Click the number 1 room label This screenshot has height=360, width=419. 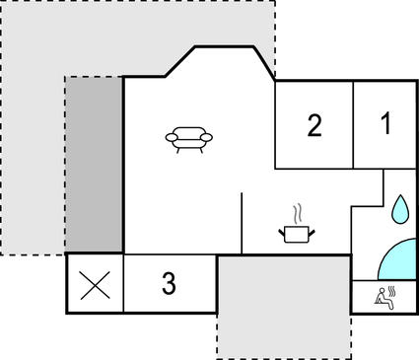pyautogui.click(x=385, y=124)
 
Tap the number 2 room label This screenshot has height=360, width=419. pyautogui.click(x=314, y=125)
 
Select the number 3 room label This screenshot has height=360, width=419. pyautogui.click(x=169, y=284)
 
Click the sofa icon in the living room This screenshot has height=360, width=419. pyautogui.click(x=187, y=139)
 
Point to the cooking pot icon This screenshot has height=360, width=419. pyautogui.click(x=296, y=233)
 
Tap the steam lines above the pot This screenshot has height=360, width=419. pyautogui.click(x=296, y=212)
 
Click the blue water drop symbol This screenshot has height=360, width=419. pyautogui.click(x=399, y=207)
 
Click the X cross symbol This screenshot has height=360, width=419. pyautogui.click(x=95, y=284)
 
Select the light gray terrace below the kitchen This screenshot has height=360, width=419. pyautogui.click(x=284, y=306)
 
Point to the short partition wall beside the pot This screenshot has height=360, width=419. pyautogui.click(x=242, y=223)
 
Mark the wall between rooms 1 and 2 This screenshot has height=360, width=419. pyautogui.click(x=353, y=123)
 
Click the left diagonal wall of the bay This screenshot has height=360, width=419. pyautogui.click(x=177, y=62)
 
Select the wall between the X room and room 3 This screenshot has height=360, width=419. pyautogui.click(x=123, y=284)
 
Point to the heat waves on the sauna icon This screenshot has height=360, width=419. pyautogui.click(x=391, y=291)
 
